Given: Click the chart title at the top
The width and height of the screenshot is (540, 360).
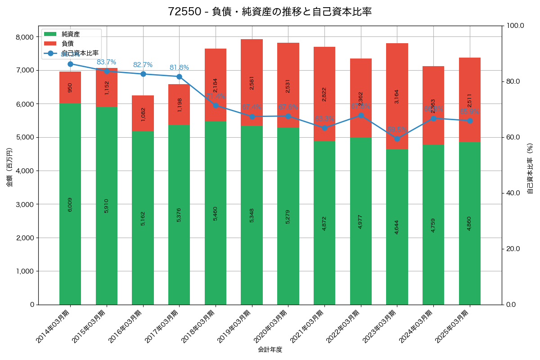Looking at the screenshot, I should tap(270, 12).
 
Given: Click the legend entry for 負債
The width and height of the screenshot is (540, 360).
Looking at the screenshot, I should tap(67, 43).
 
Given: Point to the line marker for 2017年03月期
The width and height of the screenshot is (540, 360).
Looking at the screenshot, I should tap(179, 76).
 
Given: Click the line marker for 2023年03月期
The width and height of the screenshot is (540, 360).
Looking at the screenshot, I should tap(397, 139).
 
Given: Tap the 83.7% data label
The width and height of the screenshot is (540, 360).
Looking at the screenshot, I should tap(106, 62).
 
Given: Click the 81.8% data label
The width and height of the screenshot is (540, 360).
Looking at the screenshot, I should tap(179, 67).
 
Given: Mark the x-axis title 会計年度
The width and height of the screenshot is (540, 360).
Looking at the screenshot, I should tap(270, 350).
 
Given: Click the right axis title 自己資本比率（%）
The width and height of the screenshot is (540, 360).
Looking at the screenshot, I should tap(530, 169).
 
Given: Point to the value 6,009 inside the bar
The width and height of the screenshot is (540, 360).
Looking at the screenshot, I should tap(70, 204).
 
